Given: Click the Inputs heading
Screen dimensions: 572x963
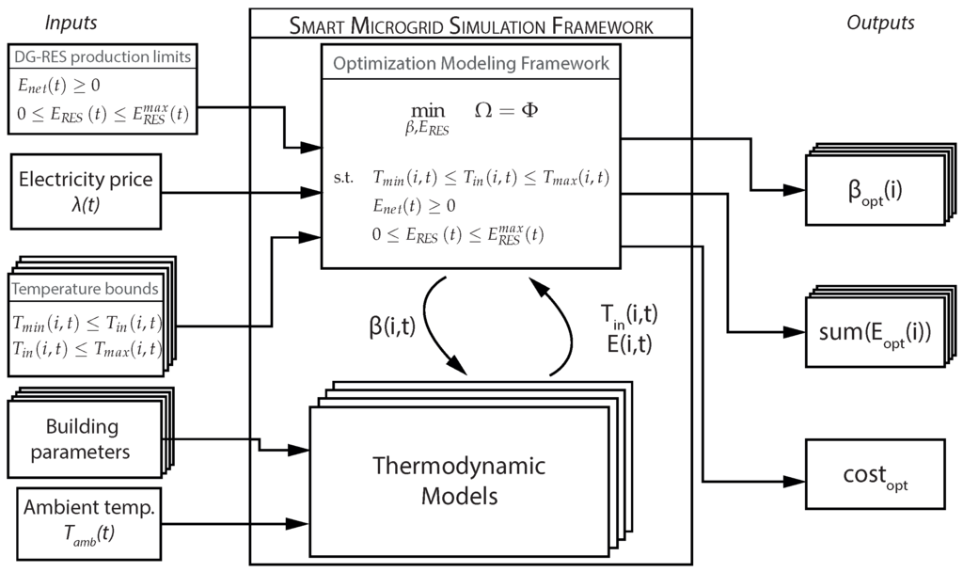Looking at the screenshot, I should coord(71,22).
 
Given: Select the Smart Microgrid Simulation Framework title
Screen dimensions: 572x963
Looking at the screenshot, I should coord(470,26).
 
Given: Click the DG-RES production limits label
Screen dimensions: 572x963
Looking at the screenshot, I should coord(102,57).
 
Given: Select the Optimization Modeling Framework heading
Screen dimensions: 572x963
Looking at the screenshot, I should coord(472,64).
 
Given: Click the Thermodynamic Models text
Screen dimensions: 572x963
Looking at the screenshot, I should coord(459,480).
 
